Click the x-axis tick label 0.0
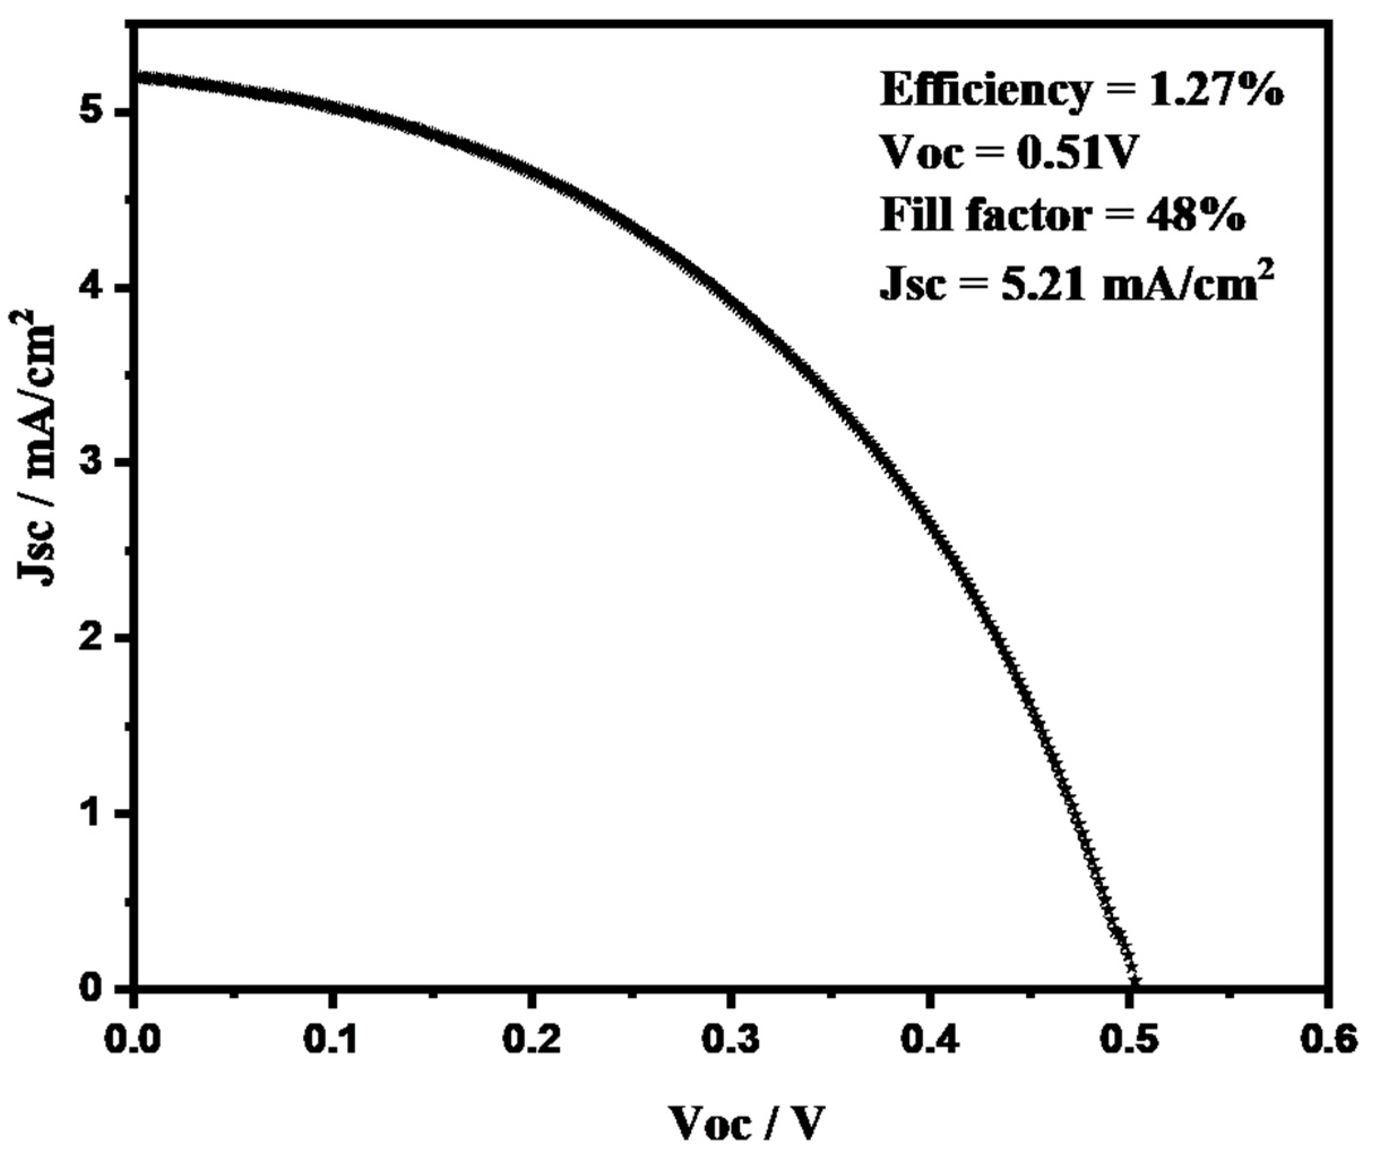coord(134,1041)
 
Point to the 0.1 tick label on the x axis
coord(333,1041)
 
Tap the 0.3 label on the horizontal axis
coord(730,1041)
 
